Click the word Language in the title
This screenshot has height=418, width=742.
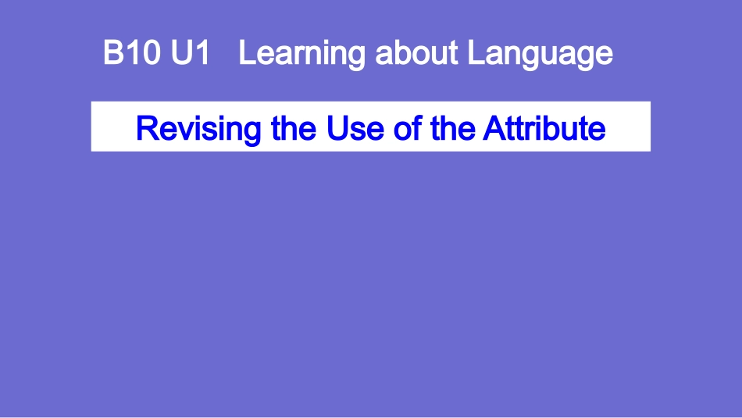coord(540,55)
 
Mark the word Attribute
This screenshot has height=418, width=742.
coord(544,127)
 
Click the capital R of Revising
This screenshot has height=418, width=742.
coord(145,127)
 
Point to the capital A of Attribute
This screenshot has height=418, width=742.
coord(493,127)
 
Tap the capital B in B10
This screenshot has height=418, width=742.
coord(113,54)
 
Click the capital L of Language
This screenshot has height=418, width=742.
coord(475,54)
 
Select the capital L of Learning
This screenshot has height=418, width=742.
coord(245,54)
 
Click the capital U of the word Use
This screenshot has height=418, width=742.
coord(337,127)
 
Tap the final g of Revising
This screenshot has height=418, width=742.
coord(252,130)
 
